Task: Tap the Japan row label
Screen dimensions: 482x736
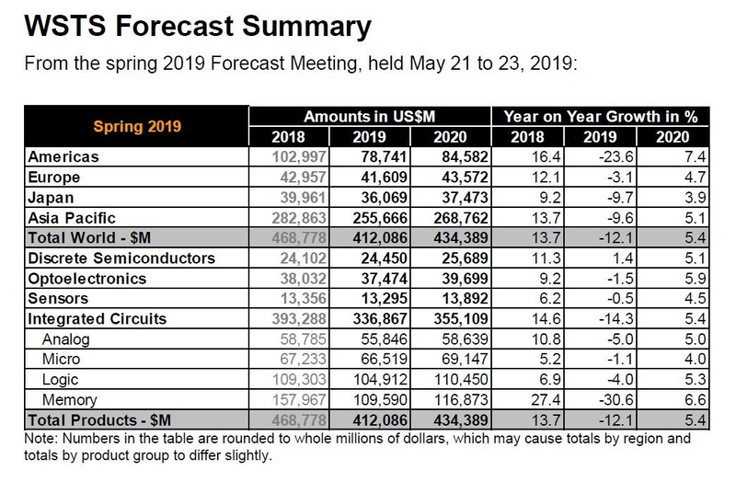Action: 53,197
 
